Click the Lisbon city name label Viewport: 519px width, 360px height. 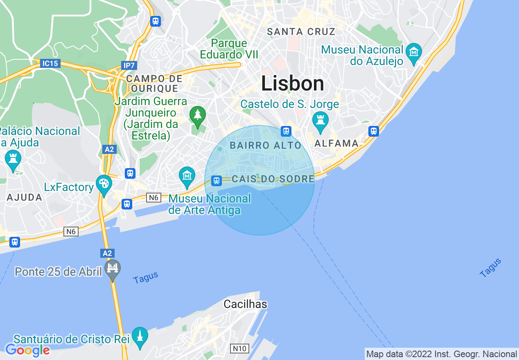click(293, 84)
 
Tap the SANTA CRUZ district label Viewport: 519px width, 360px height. click(301, 32)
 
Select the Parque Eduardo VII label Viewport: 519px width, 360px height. click(223, 49)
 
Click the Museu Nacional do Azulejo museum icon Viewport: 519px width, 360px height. click(414, 53)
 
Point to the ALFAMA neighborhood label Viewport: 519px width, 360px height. click(336, 144)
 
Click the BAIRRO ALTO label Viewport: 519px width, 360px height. click(265, 145)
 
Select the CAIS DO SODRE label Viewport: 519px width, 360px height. click(273, 179)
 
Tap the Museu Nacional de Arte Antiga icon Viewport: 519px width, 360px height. click(187, 176)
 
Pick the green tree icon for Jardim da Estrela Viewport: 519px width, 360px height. click(198, 116)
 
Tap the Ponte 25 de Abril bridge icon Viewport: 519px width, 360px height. click(113, 269)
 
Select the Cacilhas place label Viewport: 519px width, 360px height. click(245, 304)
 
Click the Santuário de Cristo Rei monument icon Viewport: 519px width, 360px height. click(140, 336)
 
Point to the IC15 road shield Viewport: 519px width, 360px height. click(50, 63)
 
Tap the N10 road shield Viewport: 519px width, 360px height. click(239, 349)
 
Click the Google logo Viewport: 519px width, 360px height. click(27, 350)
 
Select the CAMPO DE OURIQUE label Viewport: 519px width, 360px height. click(154, 83)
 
